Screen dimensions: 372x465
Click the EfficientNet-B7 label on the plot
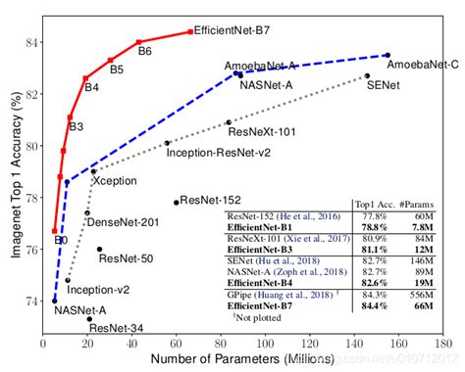coord(232,31)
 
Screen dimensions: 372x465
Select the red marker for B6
coord(138,42)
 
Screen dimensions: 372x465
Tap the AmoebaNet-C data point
coord(387,55)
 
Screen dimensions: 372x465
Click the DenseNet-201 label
coord(124,223)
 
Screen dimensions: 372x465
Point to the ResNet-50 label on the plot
coord(125,258)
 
